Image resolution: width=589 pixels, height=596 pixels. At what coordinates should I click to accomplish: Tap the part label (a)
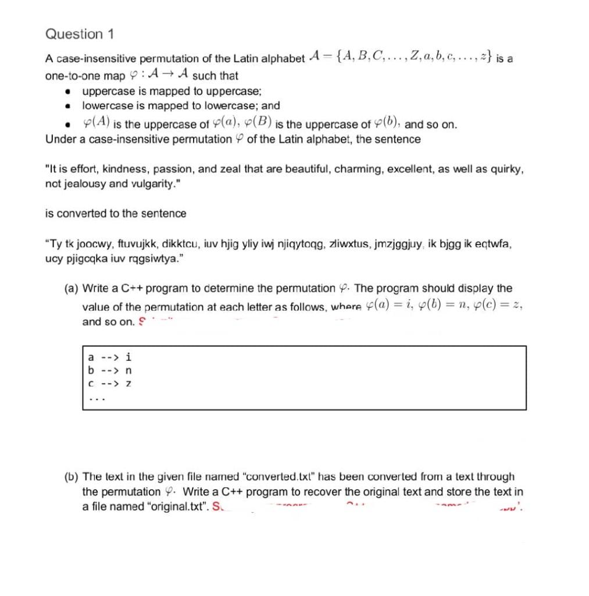tap(72, 289)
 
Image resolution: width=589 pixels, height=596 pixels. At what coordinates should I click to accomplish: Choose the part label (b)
tap(72, 477)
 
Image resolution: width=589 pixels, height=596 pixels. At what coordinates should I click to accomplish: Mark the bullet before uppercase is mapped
tap(69, 92)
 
